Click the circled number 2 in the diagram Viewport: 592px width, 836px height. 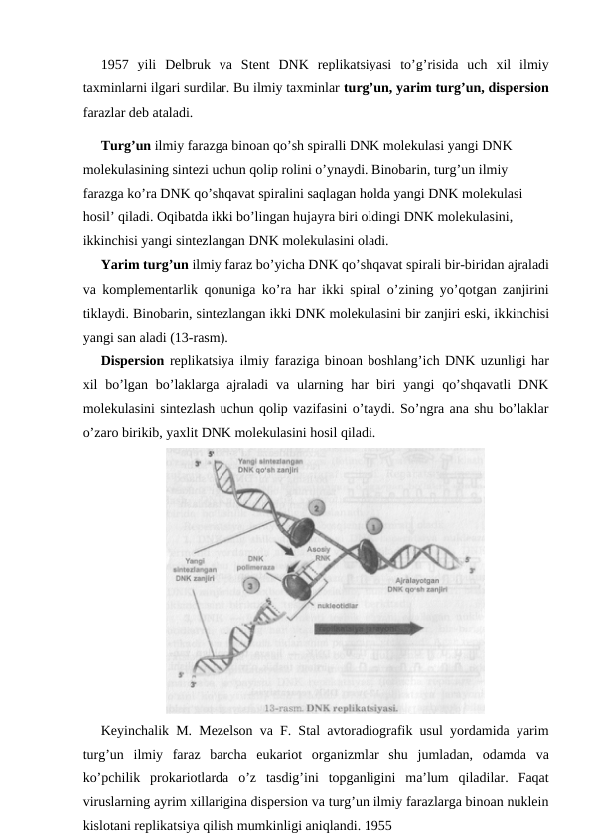pos(316,507)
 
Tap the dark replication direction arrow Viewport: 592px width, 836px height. pos(355,628)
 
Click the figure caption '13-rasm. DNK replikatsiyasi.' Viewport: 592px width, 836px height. pos(331,708)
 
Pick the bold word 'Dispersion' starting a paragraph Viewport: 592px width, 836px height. pos(132,361)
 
